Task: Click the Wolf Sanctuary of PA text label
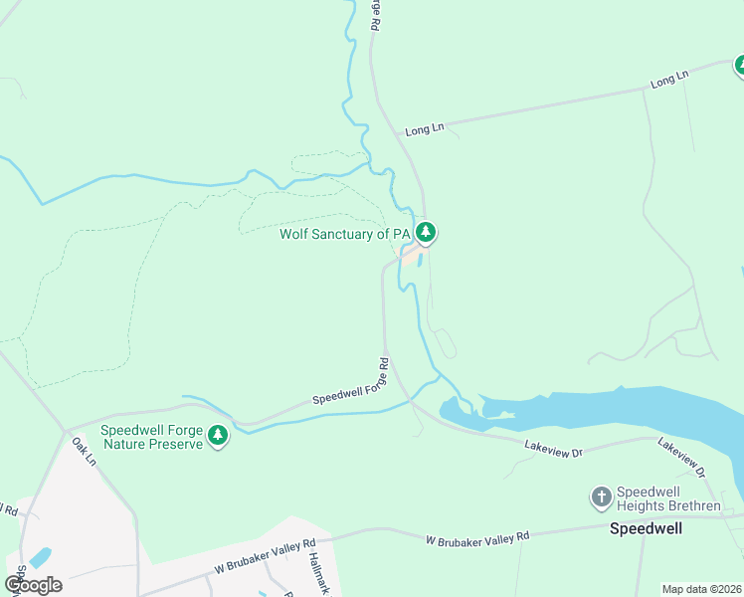point(344,234)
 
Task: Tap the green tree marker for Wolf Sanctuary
point(426,233)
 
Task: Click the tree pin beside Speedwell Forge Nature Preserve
point(217,435)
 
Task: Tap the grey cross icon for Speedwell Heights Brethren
point(600,496)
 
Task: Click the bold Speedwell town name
point(646,528)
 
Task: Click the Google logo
point(33,584)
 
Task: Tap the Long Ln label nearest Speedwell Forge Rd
point(424,128)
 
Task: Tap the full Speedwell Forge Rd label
point(349,383)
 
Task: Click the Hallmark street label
point(318,575)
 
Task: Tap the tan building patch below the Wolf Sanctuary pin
point(411,256)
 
